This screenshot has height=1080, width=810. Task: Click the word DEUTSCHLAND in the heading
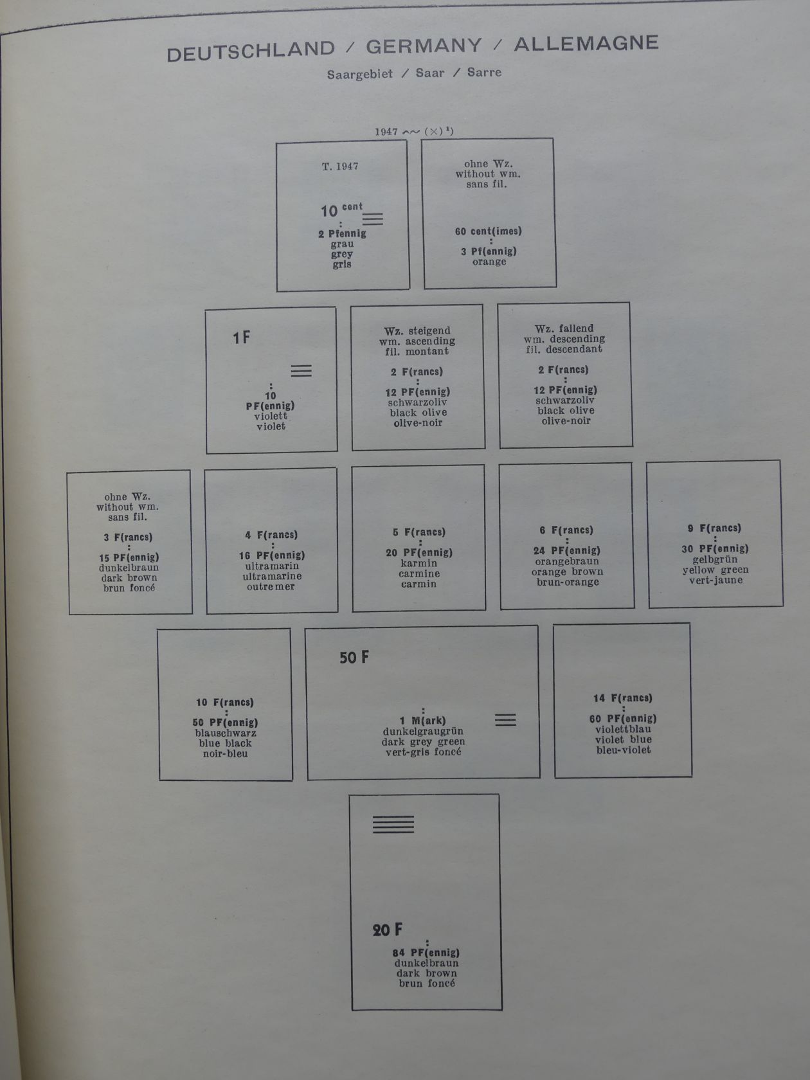coord(251,51)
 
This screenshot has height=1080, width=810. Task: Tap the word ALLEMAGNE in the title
coord(586,44)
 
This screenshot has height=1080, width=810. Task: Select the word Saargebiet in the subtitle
coord(359,75)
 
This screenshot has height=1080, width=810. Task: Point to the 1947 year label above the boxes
coord(386,132)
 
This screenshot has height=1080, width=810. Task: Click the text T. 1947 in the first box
coord(340,166)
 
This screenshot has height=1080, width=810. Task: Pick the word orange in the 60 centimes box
coord(489,262)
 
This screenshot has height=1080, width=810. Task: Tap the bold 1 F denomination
coord(242,337)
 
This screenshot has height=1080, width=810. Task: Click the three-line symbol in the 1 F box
coord(301,371)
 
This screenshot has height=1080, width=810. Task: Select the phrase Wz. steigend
coord(417,331)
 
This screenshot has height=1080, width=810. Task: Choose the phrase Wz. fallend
coord(564,328)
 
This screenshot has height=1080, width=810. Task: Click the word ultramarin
coord(272,566)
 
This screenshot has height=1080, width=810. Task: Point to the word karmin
coord(419,563)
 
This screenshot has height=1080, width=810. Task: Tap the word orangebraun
coord(567,561)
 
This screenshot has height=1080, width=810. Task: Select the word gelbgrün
coord(715,559)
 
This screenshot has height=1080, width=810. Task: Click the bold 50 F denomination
coord(354,658)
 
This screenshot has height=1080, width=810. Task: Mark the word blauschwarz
coord(226,733)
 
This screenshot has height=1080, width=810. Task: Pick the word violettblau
coord(623,729)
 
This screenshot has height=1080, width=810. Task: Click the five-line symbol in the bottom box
coord(393,824)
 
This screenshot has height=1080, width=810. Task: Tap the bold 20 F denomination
coord(388,930)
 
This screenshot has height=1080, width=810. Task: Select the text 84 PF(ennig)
coord(426,953)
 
